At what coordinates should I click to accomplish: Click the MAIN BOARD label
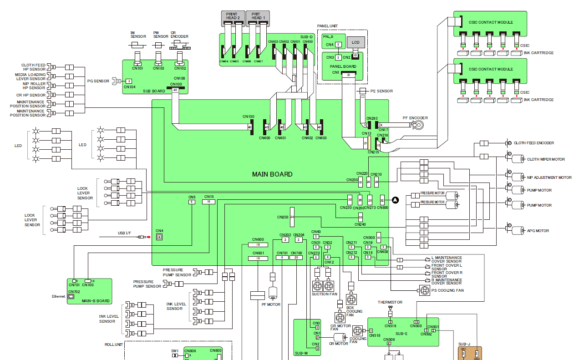[x=272, y=174]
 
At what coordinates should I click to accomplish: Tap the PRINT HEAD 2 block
[x=233, y=17]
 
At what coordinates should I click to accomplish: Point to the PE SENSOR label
[x=381, y=91]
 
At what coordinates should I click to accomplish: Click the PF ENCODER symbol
[x=419, y=125]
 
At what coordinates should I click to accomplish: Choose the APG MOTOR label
[x=538, y=231]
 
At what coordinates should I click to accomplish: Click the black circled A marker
[x=395, y=200]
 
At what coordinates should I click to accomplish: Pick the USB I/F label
[x=124, y=233]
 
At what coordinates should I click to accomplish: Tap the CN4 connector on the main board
[x=159, y=237]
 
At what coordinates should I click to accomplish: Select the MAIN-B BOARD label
[x=95, y=301]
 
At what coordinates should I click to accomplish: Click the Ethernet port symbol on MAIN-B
[x=71, y=297]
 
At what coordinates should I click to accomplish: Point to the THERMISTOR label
[x=390, y=302]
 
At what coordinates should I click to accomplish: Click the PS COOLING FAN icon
[x=424, y=290]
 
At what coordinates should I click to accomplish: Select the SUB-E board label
[x=401, y=334]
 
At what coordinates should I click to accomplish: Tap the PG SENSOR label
[x=98, y=81]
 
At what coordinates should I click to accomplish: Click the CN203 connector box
[x=292, y=217]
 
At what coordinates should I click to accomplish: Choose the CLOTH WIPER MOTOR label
[x=546, y=159]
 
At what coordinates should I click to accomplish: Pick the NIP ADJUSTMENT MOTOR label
[x=549, y=177]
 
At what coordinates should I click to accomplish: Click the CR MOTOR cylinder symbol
[x=339, y=338]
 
